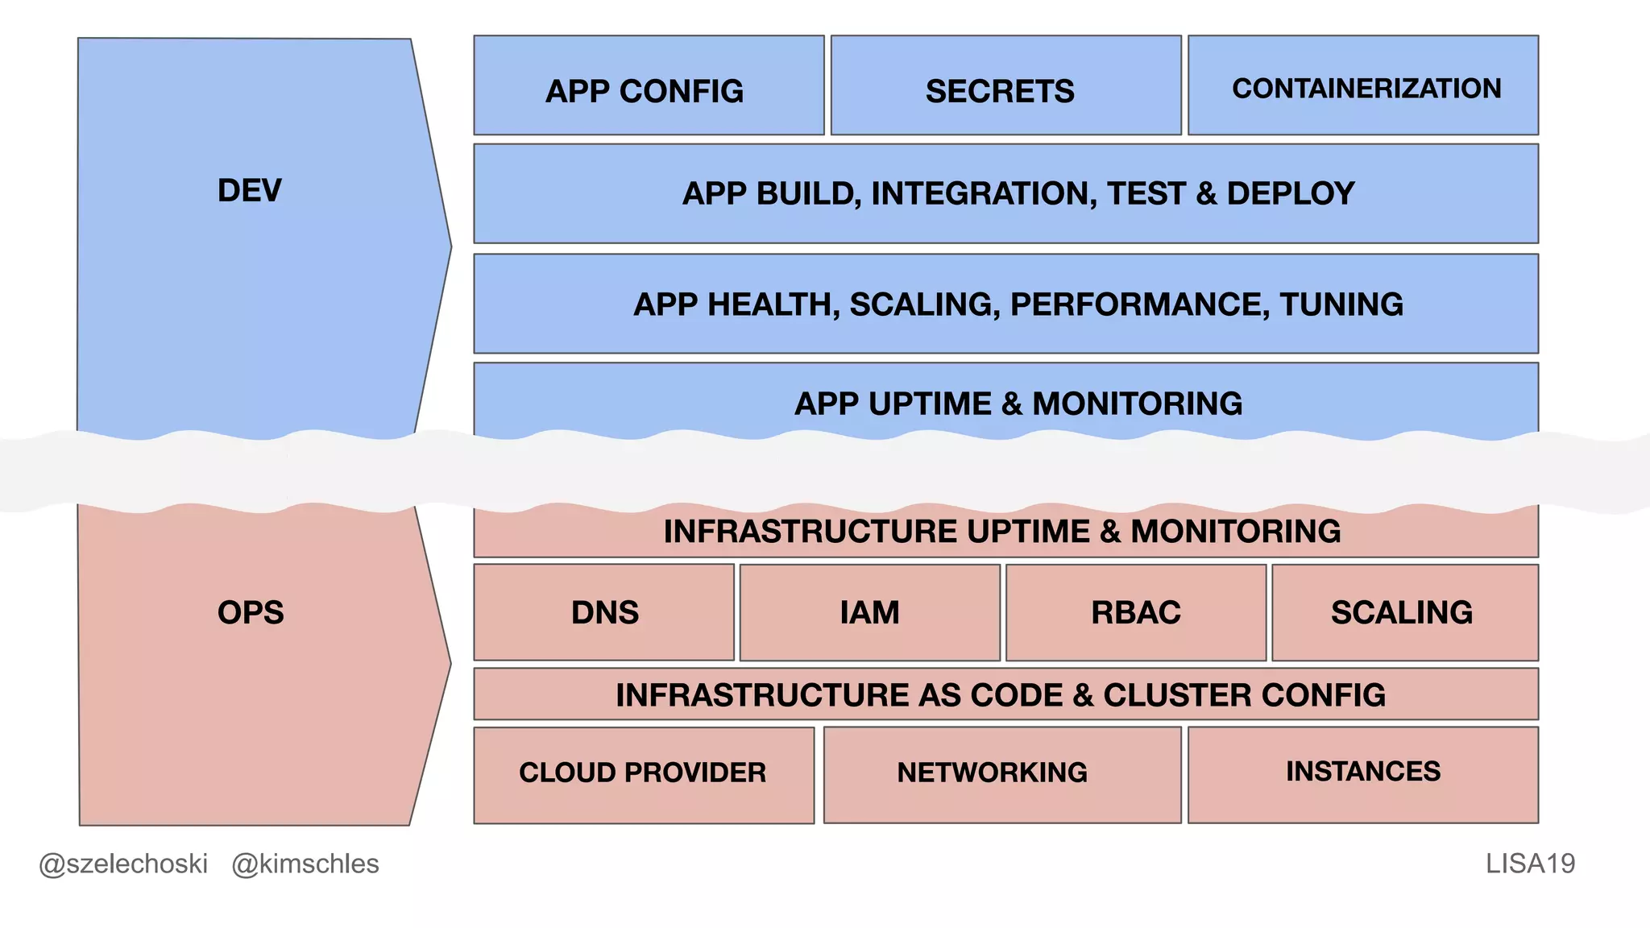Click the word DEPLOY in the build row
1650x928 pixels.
1291,194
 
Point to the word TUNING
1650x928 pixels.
1341,304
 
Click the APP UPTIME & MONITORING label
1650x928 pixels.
1018,404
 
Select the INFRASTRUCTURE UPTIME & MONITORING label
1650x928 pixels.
1002,532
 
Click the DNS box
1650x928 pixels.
604,612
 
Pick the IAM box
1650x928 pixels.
870,612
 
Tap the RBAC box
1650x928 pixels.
1136,612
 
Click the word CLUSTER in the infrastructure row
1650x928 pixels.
1176,695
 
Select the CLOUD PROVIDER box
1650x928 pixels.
643,773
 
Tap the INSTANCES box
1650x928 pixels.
1363,773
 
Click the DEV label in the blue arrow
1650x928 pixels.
250,191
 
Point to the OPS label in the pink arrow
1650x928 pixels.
251,613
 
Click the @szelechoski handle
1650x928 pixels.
123,864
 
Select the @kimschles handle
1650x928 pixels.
305,864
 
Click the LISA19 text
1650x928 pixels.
1530,864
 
